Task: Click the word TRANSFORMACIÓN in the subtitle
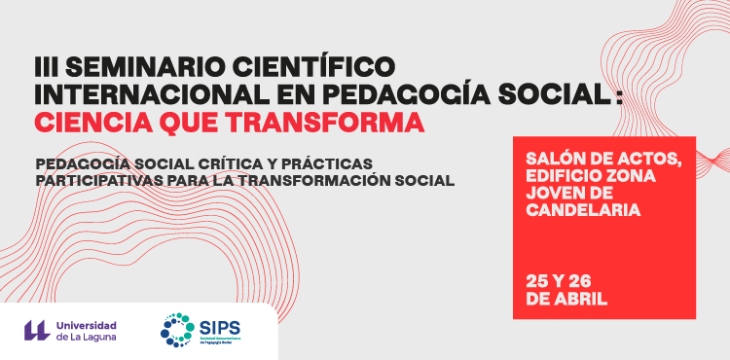pyautogui.click(x=315, y=180)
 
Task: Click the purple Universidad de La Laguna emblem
pyautogui.click(x=36, y=330)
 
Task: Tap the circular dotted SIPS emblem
pyautogui.click(x=179, y=330)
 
